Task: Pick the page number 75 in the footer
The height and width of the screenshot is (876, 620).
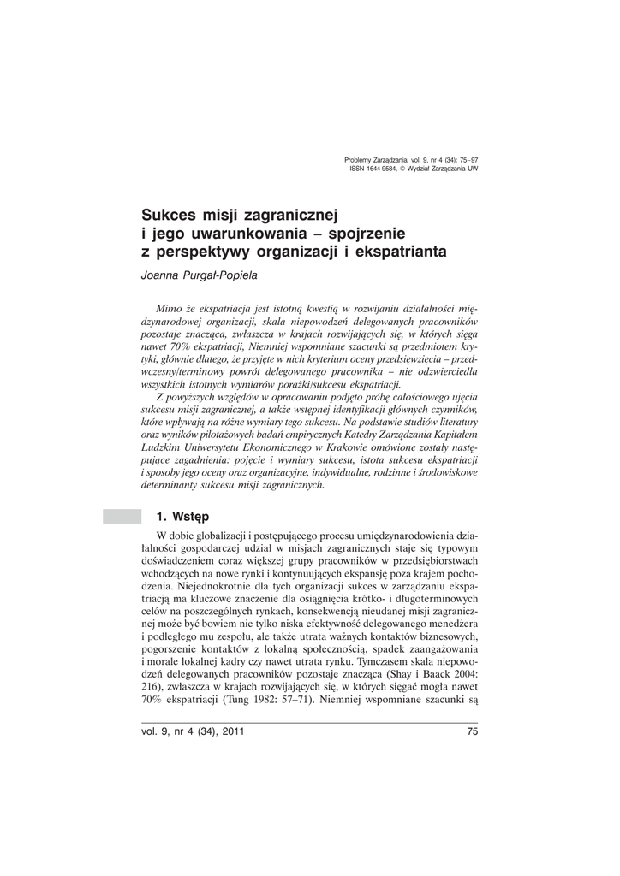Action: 472,730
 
